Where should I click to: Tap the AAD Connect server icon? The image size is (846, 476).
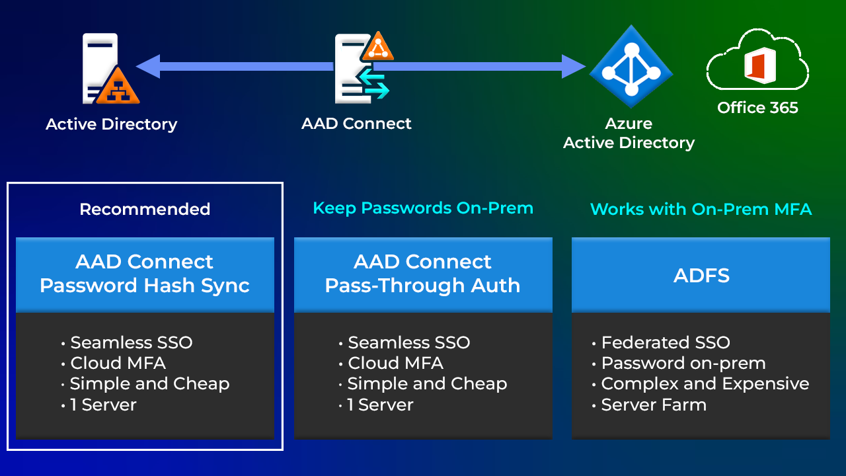click(x=360, y=68)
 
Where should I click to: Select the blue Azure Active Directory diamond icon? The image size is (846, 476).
click(x=631, y=67)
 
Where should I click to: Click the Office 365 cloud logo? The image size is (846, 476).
click(x=757, y=61)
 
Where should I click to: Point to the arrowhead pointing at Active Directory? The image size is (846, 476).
click(x=148, y=67)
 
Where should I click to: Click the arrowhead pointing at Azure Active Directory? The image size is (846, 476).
click(x=574, y=67)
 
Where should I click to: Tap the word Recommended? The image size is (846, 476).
click(x=145, y=210)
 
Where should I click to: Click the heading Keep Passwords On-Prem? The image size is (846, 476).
click(x=423, y=208)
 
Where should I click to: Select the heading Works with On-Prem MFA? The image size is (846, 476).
click(x=701, y=210)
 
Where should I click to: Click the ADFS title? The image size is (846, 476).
click(x=701, y=275)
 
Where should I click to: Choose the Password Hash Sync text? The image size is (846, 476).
click(x=145, y=286)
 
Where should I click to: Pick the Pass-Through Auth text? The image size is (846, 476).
click(x=423, y=286)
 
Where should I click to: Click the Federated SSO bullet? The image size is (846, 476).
click(x=665, y=342)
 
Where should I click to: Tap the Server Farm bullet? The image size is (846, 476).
click(x=653, y=405)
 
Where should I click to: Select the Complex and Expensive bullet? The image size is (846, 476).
click(x=705, y=384)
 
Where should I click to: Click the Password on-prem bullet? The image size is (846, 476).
click(x=683, y=364)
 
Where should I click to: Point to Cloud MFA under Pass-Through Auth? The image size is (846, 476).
click(x=395, y=364)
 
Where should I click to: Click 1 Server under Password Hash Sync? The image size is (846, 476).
click(x=103, y=405)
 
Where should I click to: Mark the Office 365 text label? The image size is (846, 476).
click(x=757, y=108)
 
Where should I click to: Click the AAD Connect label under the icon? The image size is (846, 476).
click(x=356, y=124)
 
